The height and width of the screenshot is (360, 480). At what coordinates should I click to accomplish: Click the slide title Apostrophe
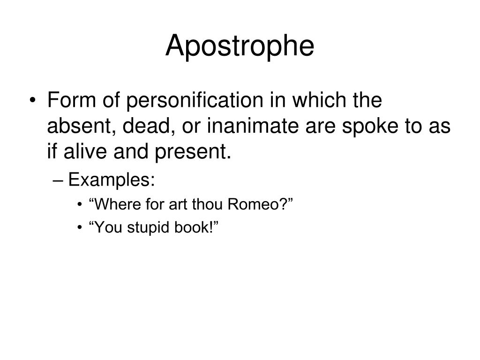(240, 46)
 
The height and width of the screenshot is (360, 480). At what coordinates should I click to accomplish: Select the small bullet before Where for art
(82, 205)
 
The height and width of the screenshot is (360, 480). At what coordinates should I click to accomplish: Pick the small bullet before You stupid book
(82, 228)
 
